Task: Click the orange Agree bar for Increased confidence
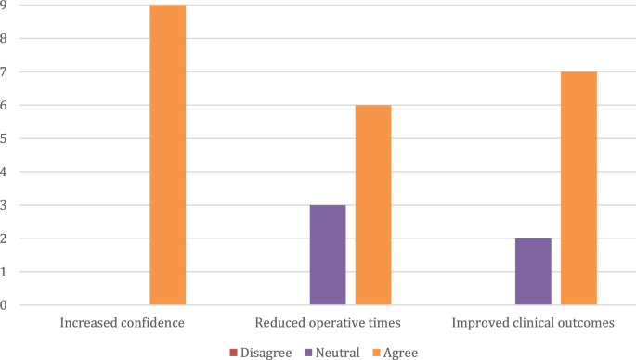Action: coord(167,155)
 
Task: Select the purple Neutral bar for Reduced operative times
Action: coord(327,255)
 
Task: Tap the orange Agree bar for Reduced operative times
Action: coord(373,205)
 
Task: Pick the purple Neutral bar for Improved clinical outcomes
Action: coord(533,272)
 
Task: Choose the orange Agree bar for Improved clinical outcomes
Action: coord(578,188)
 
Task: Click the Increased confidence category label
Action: coord(122,324)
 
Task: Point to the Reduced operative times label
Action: coord(327,324)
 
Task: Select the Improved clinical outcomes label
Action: coord(533,324)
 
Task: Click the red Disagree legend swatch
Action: coord(233,353)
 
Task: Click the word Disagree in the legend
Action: coord(265,353)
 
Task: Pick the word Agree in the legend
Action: coord(398,353)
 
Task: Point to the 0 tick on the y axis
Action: coord(4,305)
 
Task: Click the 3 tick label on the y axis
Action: coord(4,205)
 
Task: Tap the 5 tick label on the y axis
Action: coord(4,138)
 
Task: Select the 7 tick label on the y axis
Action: coord(4,71)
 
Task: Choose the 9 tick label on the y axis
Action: coord(4,6)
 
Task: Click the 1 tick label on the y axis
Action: coord(4,272)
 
